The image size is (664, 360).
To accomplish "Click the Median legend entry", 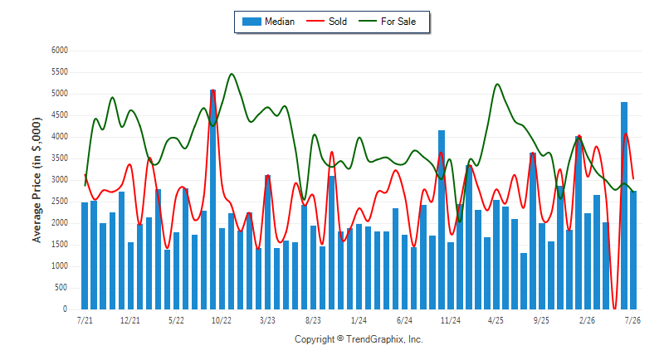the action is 268,22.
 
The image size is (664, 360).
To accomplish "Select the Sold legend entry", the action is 326,22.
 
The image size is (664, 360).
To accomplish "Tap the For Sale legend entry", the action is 387,22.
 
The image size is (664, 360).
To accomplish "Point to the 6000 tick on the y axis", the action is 59,51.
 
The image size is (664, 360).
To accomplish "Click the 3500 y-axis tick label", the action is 59,158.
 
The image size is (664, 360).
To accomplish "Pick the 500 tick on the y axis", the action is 61,288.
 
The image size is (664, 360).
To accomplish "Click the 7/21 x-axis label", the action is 85,320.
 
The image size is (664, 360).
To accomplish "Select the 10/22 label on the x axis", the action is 222,320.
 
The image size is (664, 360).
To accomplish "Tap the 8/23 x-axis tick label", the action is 313,320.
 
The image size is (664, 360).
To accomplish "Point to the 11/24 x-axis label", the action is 450,320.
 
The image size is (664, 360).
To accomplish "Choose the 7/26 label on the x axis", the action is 632,320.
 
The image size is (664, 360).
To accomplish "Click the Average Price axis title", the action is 37,180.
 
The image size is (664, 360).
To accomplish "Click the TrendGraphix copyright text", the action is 359,339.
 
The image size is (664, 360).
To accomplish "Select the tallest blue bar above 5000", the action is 212,199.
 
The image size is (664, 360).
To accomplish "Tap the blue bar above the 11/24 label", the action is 451,276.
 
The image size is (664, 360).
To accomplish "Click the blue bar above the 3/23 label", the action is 267,242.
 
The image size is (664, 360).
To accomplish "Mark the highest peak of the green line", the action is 232,74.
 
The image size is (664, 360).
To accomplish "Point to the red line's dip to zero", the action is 614,308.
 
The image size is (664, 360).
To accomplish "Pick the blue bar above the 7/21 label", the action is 85,256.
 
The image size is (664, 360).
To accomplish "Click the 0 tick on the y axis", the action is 66,309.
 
